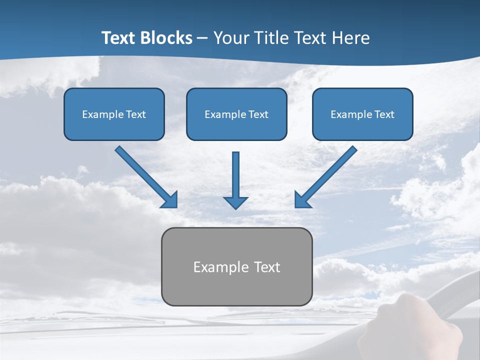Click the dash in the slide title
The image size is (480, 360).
click(x=202, y=38)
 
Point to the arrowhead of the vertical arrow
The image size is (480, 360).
click(x=235, y=202)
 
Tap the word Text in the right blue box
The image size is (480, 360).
click(x=384, y=114)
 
